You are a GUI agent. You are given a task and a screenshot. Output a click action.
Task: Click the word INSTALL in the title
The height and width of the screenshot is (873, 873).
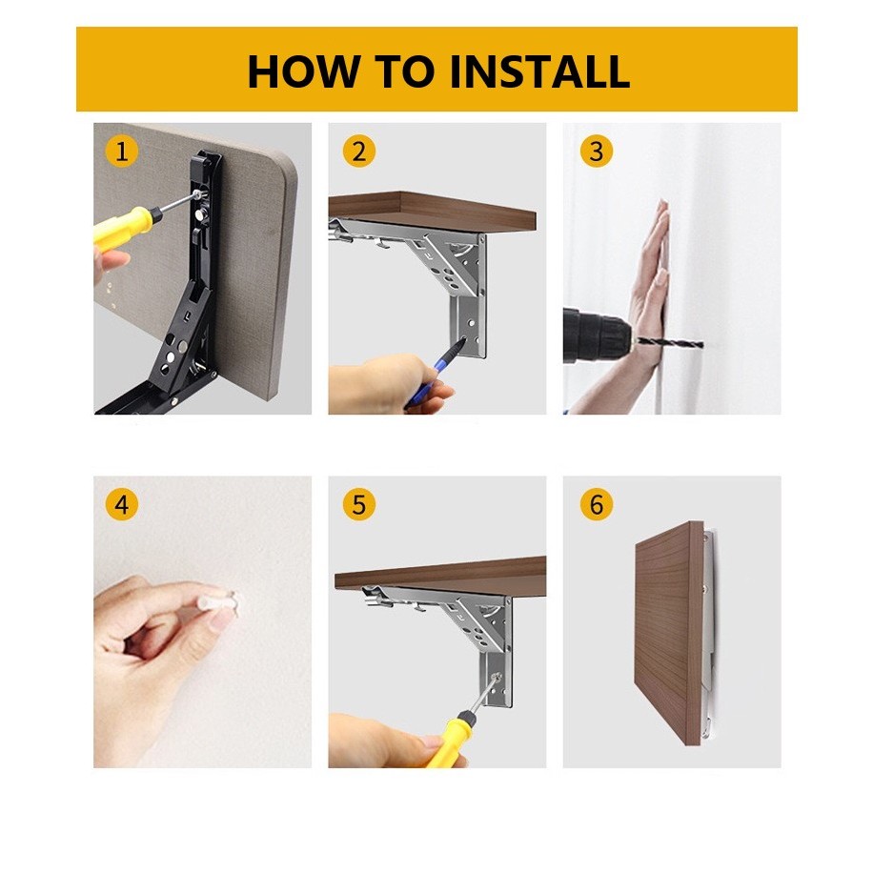coord(539,71)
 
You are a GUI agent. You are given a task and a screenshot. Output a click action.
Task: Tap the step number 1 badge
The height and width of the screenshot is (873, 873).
coord(121,152)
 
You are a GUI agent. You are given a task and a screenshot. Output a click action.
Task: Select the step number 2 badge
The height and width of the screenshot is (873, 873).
coord(359,152)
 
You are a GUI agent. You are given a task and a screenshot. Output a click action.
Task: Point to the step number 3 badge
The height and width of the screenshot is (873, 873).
coord(596,152)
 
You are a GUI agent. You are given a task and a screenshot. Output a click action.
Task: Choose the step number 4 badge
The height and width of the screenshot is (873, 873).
coord(121,505)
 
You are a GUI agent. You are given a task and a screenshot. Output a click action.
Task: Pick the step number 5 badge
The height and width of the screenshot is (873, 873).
coord(359,505)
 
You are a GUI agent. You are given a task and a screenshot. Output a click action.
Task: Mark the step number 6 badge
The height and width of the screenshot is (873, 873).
coord(596,505)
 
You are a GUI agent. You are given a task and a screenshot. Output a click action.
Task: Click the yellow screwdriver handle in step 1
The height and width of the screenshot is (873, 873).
coord(123,227)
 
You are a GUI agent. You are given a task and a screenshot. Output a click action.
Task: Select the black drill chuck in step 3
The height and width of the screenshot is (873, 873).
coord(597,335)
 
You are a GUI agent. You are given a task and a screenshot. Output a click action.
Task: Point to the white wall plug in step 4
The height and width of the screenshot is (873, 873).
coord(218,603)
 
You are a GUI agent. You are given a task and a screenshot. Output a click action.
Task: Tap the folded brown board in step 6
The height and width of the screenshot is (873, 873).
coord(669,632)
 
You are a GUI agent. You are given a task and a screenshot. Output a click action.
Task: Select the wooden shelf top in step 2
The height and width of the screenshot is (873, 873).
coord(432,213)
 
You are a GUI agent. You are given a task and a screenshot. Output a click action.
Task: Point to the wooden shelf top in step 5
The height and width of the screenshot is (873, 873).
coord(440,577)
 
